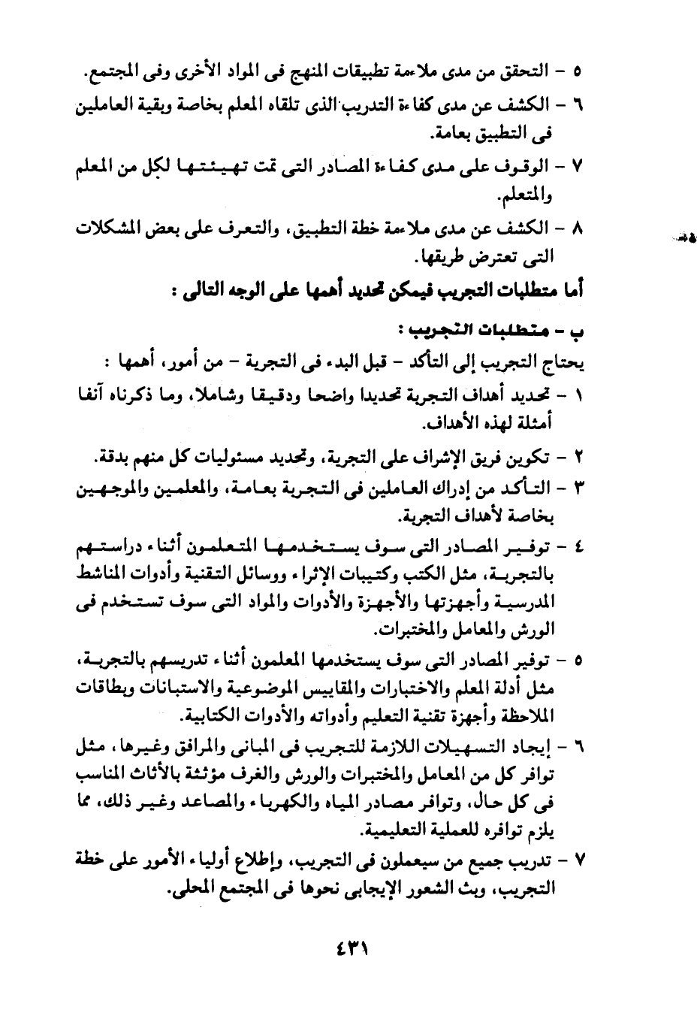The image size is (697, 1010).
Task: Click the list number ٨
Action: [578, 229]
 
